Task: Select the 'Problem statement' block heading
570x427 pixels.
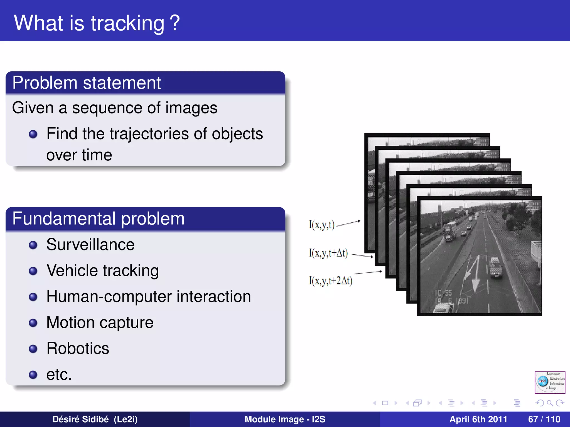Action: coord(87,83)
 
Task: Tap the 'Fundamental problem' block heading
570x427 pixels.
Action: coord(98,219)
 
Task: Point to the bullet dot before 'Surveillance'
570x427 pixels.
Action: coord(33,245)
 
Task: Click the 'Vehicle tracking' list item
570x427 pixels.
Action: coord(102,270)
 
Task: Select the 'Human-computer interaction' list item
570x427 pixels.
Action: coord(148,296)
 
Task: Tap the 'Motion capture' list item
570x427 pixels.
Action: coord(100,322)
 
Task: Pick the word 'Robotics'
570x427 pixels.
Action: coord(78,348)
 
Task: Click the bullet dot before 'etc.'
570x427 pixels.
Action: coord(33,375)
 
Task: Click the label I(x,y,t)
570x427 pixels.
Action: coord(321,225)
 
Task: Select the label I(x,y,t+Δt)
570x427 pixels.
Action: coord(328,253)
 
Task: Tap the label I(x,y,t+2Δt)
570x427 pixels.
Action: coord(330,281)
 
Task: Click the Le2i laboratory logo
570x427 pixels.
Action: coord(550,382)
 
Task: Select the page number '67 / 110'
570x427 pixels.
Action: coord(544,419)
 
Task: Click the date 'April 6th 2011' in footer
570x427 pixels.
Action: coord(478,419)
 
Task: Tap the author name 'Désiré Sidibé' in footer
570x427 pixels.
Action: coord(80,419)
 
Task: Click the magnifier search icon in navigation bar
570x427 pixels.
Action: coord(550,403)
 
